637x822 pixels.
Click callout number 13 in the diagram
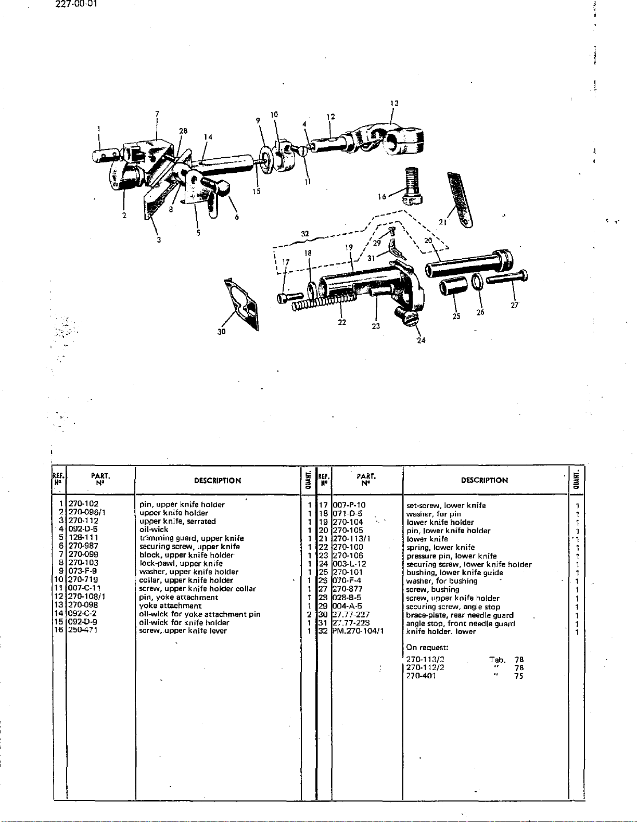(x=394, y=104)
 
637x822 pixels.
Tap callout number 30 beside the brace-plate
(x=222, y=332)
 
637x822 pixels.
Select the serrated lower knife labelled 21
(x=459, y=197)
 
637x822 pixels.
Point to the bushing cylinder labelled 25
(x=450, y=287)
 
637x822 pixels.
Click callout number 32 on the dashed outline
(x=305, y=234)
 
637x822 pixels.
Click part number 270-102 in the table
(x=83, y=504)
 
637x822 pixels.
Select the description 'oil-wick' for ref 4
(x=154, y=529)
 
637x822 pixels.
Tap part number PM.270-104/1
(x=358, y=631)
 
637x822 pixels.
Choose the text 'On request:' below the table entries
(x=427, y=648)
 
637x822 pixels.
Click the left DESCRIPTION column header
(x=218, y=480)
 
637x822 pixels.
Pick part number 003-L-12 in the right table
(x=349, y=564)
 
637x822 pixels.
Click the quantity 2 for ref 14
(x=309, y=614)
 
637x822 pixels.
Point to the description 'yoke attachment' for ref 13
(x=171, y=605)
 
